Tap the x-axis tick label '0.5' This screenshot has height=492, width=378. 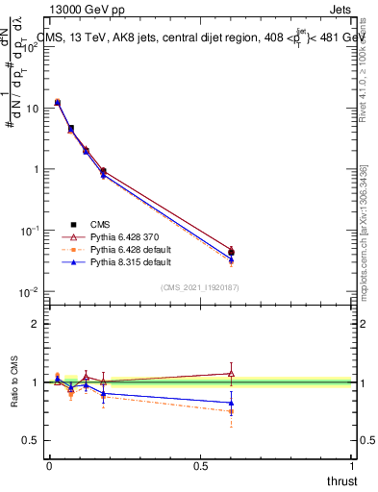[x=200, y=465]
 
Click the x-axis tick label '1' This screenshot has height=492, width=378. [x=352, y=465]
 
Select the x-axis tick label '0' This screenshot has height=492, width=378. [x=49, y=465]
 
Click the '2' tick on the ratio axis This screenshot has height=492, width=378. [x=36, y=324]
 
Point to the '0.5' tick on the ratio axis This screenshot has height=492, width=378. [x=31, y=440]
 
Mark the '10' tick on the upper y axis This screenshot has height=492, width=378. [x=32, y=108]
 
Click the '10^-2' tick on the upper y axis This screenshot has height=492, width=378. [x=32, y=292]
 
